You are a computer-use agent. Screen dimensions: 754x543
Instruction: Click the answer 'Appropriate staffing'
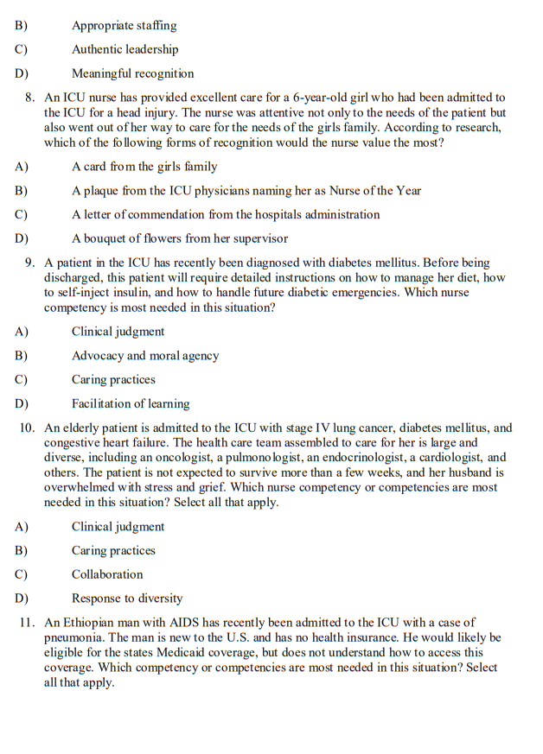click(124, 26)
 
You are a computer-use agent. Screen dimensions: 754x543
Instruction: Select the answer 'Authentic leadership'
click(125, 50)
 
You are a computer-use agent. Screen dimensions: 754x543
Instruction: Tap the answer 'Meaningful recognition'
click(132, 74)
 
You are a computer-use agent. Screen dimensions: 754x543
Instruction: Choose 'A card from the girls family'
click(144, 167)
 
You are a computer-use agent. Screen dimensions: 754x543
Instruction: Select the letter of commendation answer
click(226, 215)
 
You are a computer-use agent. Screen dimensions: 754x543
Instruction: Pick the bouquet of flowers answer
click(180, 238)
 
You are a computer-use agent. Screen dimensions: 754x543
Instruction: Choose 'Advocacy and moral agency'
click(145, 356)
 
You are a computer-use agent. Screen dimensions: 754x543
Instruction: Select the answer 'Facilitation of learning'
click(131, 403)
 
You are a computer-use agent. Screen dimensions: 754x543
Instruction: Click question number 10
click(27, 428)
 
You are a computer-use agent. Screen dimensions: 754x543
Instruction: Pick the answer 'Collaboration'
click(107, 574)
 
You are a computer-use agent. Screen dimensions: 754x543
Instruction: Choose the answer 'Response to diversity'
click(127, 599)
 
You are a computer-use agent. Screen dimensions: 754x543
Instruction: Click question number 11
click(27, 623)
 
